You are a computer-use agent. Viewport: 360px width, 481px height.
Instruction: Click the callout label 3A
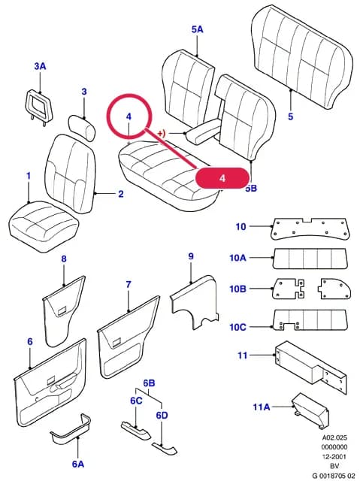[40, 66]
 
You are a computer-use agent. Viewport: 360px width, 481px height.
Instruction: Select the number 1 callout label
[29, 176]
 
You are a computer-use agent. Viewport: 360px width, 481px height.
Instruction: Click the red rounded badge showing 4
[222, 177]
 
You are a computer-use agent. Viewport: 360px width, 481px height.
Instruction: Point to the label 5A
[198, 29]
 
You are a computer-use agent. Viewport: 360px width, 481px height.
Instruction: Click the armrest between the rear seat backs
[203, 132]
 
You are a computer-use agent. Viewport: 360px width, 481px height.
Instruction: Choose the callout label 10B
[237, 289]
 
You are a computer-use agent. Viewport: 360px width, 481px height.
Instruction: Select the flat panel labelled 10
[310, 228]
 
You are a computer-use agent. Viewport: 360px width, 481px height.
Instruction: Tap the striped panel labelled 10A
[310, 259]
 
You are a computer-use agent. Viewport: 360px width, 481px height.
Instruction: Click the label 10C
[237, 327]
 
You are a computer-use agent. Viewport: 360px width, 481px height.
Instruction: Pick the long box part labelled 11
[311, 367]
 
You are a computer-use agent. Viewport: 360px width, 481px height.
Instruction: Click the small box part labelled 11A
[310, 410]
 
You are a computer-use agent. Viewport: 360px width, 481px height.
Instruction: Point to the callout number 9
[191, 256]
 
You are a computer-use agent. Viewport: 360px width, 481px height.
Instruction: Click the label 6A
[78, 464]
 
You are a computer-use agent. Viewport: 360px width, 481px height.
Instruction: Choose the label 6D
[162, 416]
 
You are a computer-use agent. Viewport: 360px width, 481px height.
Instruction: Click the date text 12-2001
[334, 456]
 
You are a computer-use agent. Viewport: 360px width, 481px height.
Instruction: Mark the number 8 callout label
[64, 259]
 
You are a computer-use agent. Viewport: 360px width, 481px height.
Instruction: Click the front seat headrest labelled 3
[81, 128]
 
